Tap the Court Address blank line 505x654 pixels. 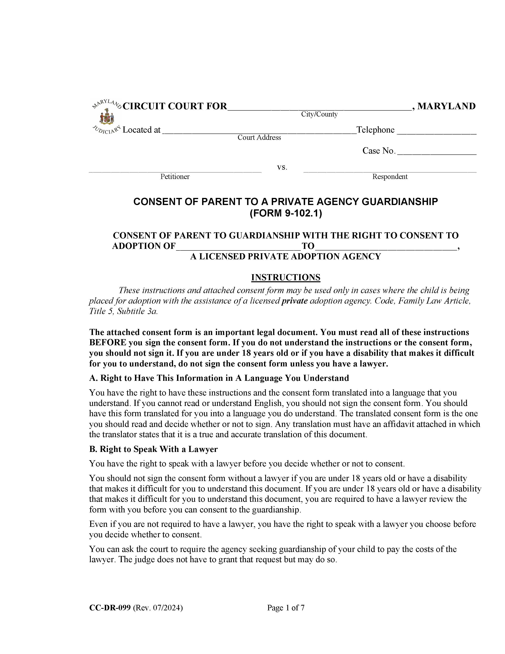(259, 131)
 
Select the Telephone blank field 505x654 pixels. (437, 131)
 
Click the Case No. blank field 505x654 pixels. (437, 152)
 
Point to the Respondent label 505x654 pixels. (390, 177)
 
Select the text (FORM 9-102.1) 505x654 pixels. (286, 213)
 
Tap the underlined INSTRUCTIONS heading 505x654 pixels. (286, 277)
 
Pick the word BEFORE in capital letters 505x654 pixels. (107, 343)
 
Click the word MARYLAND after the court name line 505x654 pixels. (446, 106)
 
